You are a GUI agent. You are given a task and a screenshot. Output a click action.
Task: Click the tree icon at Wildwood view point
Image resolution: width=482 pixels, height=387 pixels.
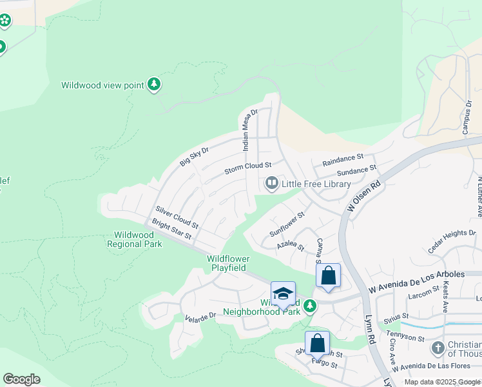[x=153, y=84]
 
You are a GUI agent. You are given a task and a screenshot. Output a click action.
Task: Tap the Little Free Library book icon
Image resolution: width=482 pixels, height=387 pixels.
[x=271, y=184]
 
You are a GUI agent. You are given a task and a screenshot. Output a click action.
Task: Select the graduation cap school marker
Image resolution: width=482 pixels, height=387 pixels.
[x=283, y=294]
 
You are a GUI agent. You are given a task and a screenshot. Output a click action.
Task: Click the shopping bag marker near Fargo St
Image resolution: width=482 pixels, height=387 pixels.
[x=317, y=343]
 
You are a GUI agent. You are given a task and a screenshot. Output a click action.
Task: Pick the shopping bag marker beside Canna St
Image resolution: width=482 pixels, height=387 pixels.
[x=329, y=275]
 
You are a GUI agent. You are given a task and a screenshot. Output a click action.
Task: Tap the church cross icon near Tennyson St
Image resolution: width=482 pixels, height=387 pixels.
[x=438, y=348]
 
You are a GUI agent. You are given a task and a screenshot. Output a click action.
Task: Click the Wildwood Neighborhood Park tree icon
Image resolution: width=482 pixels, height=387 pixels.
[x=311, y=306]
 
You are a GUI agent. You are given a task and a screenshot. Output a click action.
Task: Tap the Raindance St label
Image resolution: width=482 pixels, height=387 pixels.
[x=343, y=159]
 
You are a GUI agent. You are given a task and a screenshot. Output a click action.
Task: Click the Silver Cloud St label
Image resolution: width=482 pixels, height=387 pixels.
[x=176, y=220]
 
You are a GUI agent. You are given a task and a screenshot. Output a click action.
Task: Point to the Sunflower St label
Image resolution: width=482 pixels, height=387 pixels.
[x=287, y=223]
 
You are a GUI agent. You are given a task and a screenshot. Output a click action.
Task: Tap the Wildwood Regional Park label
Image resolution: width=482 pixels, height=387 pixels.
[x=134, y=240]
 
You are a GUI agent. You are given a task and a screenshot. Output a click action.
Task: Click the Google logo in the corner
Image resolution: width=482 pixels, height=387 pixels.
[x=21, y=379]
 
